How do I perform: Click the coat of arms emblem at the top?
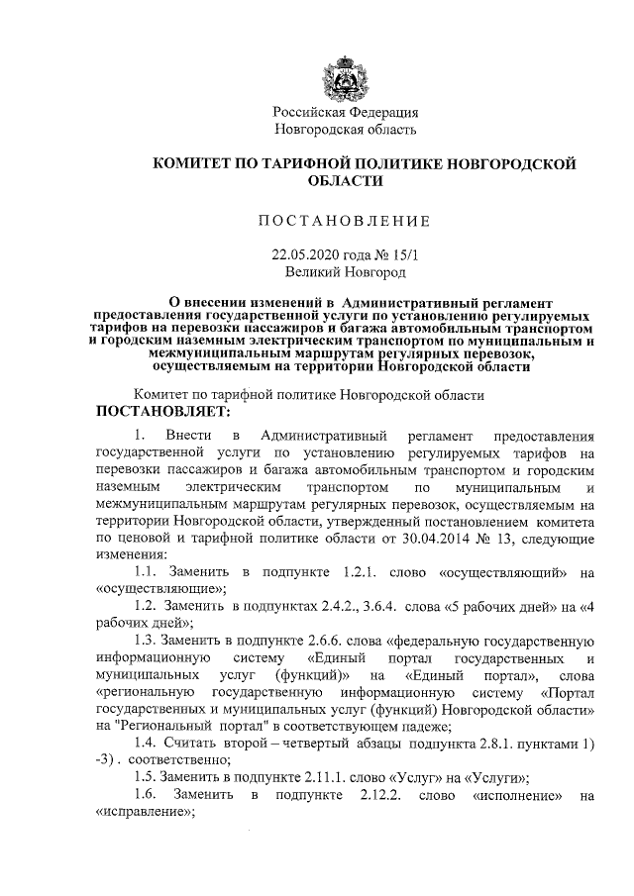pyautogui.click(x=346, y=78)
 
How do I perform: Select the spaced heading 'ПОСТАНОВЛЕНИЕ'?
pyautogui.click(x=346, y=219)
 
